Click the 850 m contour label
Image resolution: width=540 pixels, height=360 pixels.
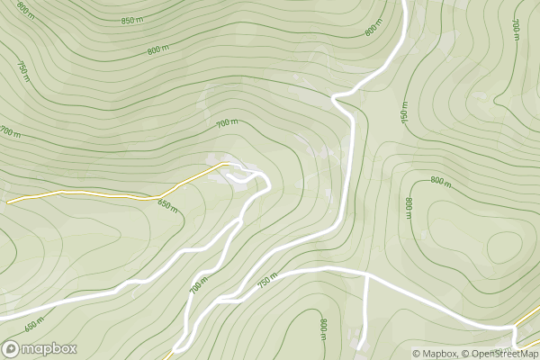131,21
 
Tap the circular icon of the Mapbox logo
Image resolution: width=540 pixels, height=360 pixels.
12,349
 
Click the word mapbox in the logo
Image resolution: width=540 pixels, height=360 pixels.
49,349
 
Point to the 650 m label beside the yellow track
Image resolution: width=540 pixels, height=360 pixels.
167,205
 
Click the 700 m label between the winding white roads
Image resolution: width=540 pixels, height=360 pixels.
199,284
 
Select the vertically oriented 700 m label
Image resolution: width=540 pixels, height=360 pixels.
516,30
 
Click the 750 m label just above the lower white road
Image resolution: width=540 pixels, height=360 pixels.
265,282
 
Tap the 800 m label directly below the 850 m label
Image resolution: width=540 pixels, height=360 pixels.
157,50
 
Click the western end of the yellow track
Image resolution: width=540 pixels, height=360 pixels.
9,202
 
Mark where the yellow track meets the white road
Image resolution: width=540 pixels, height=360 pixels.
221,165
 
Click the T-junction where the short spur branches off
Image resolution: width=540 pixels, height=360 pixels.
367,274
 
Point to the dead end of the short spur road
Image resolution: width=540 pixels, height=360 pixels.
359,346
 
